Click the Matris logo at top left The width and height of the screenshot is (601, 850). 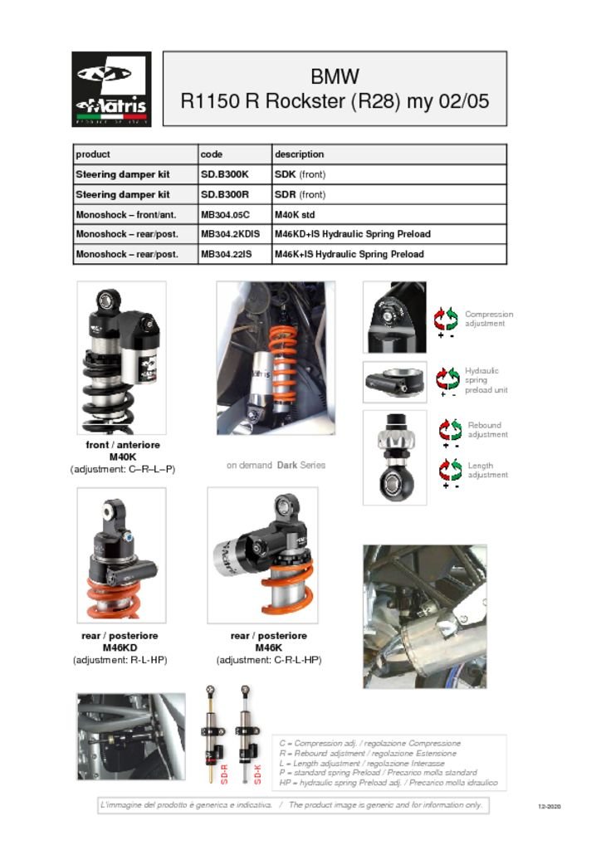(x=111, y=88)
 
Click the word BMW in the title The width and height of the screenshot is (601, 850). (x=335, y=77)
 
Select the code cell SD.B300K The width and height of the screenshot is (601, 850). (x=225, y=174)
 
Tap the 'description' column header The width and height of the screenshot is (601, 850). (x=299, y=154)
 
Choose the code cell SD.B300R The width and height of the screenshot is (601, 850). (x=225, y=194)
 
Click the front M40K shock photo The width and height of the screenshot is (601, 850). (x=121, y=357)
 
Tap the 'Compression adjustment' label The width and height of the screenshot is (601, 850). (x=489, y=319)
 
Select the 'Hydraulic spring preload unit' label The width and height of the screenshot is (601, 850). (x=486, y=380)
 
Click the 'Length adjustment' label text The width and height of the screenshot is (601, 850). (x=486, y=471)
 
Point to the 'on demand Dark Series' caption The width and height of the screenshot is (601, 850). (x=276, y=465)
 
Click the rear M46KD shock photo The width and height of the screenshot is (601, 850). (x=121, y=554)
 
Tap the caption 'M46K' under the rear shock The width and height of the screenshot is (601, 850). (x=268, y=647)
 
